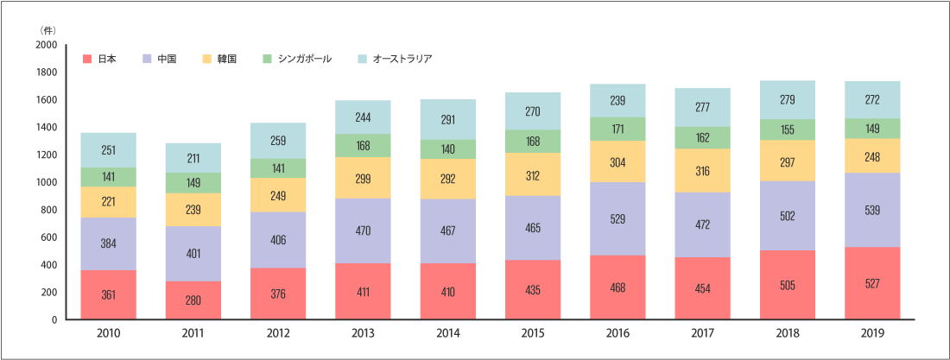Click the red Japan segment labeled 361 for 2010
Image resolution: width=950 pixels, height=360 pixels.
tap(108, 294)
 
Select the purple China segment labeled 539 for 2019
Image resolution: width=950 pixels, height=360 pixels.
tap(873, 210)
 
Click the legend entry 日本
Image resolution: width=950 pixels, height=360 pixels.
tap(106, 60)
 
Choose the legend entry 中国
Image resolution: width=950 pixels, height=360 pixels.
tap(167, 60)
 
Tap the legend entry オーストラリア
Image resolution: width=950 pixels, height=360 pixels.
tap(401, 60)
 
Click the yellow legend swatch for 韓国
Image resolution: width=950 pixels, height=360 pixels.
tap(207, 60)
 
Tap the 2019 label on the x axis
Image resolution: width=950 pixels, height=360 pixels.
tap(873, 333)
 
